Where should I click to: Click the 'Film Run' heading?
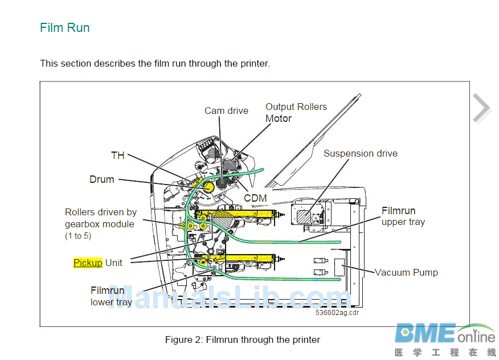pos(64,28)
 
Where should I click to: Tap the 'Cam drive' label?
pos(226,111)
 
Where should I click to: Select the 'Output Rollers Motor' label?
pos(296,112)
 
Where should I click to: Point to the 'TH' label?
pos(117,155)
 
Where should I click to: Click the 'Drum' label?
pos(101,179)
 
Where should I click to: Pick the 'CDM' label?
pos(255,198)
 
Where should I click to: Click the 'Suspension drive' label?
pos(360,153)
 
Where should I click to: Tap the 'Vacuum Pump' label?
pos(406,272)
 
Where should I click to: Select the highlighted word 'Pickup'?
pos(88,263)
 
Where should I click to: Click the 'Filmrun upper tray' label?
pos(403,216)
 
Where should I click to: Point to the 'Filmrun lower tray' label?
pos(111,296)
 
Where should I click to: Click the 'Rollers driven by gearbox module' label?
pos(100,218)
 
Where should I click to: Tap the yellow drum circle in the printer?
pos(208,186)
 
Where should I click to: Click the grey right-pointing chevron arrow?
pos(481,108)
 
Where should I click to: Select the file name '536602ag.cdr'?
pos(337,312)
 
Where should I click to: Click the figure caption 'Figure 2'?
pos(242,340)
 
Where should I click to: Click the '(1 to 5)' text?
pos(77,236)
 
